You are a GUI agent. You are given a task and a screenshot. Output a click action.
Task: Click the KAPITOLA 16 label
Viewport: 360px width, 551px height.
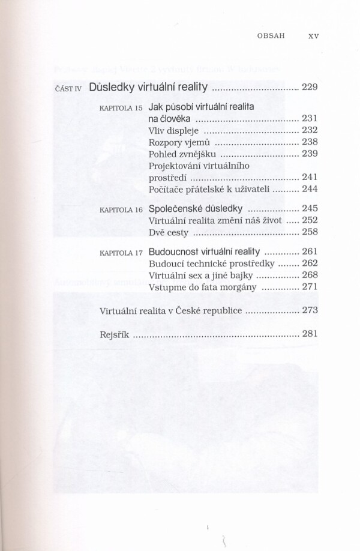[x=122, y=211]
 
